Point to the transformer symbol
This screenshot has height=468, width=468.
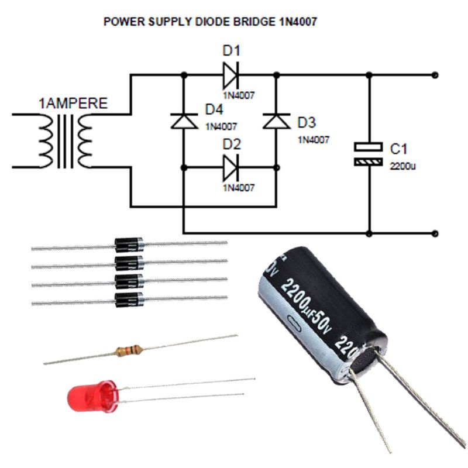[x=67, y=140]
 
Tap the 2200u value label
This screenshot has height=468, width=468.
[x=403, y=166]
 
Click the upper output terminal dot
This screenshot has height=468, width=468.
[x=434, y=75]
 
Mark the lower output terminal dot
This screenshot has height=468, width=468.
[x=434, y=233]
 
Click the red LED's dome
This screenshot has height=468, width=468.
[x=82, y=397]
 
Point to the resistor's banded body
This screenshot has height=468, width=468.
[x=128, y=350]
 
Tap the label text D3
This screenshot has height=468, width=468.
[x=307, y=123]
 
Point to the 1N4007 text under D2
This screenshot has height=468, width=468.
[x=239, y=188]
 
